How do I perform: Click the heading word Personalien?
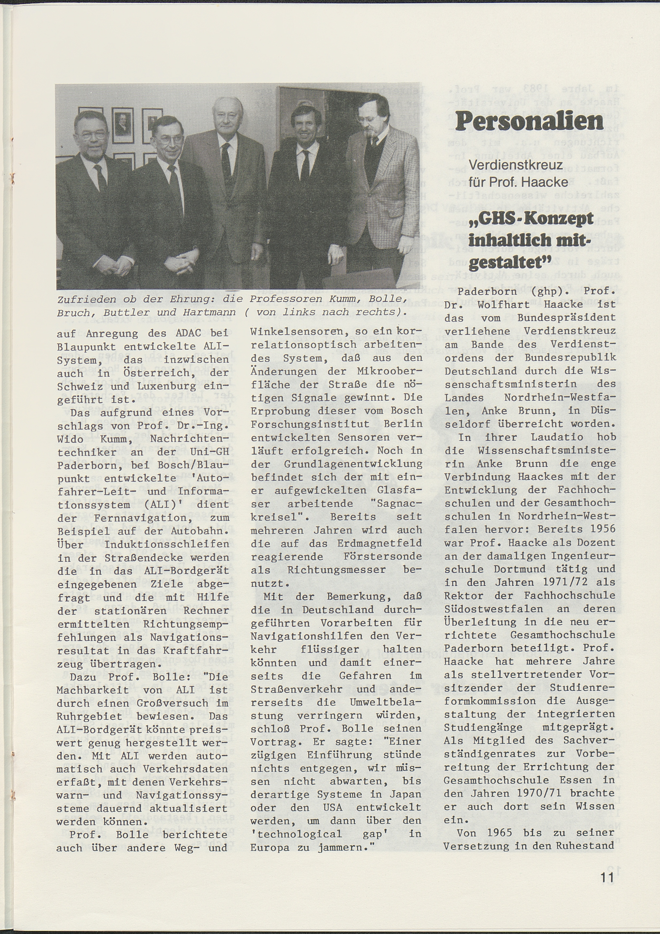(x=529, y=121)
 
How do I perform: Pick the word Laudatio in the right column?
(x=548, y=437)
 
